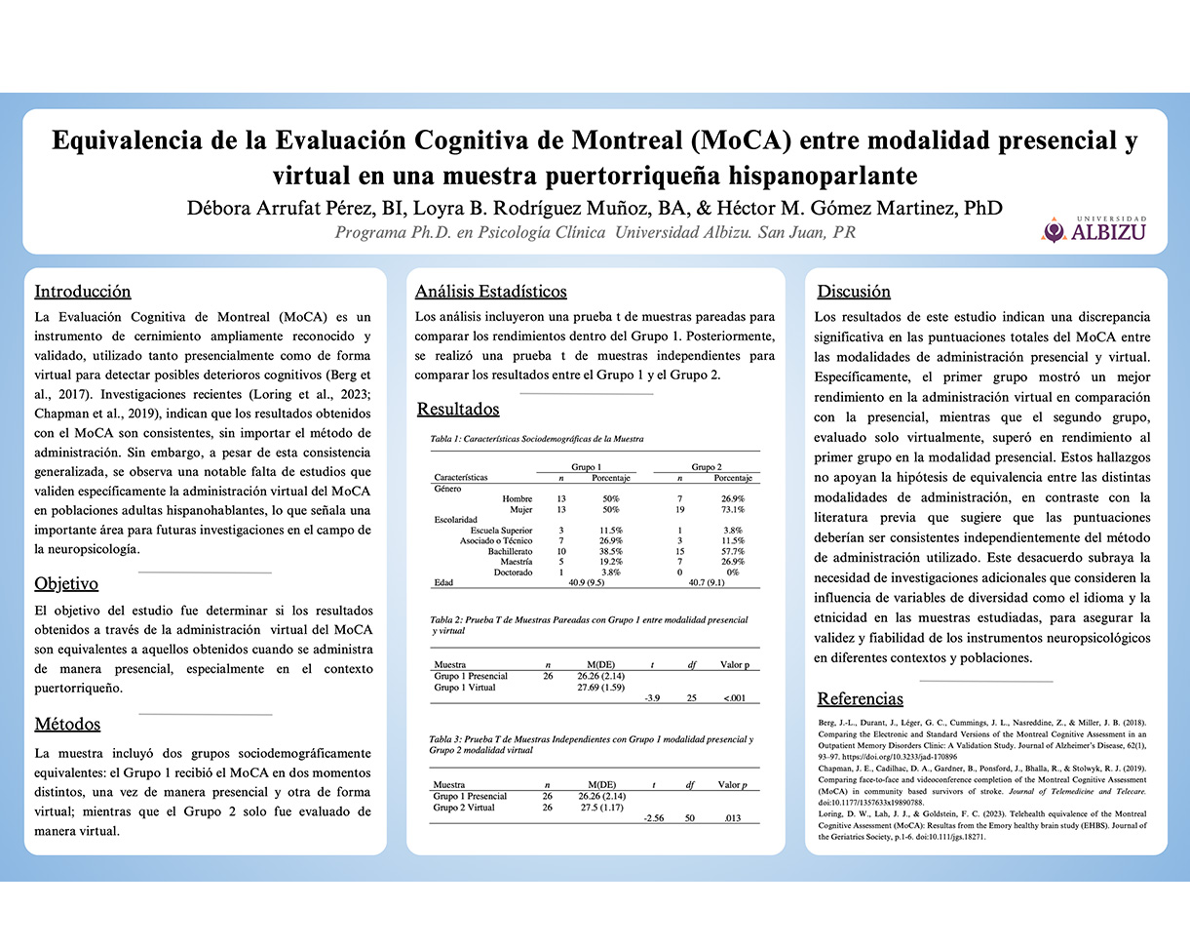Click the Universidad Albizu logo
pos(1094,229)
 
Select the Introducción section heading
pos(83,291)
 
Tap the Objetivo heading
pos(66,584)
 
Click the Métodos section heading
pos(67,725)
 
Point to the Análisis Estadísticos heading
pos(490,291)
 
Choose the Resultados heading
pos(458,409)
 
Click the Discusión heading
pos(854,291)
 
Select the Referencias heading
pos(860,698)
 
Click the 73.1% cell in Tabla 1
pos(732,509)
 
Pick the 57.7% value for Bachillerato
pos(732,551)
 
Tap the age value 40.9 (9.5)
pos(586,582)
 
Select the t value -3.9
pos(652,697)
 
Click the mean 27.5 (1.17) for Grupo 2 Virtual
pos(600,808)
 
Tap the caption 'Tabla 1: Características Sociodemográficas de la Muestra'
pos(537,439)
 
